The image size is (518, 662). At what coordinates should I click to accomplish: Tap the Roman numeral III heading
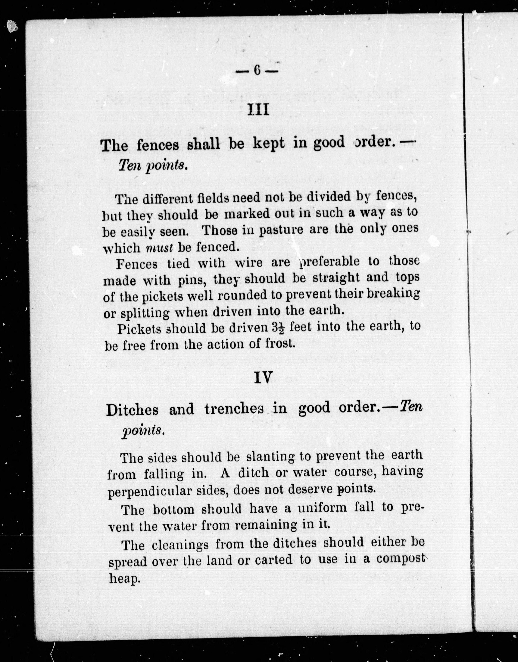(x=258, y=110)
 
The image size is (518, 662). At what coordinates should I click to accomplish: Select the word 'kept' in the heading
(x=269, y=143)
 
